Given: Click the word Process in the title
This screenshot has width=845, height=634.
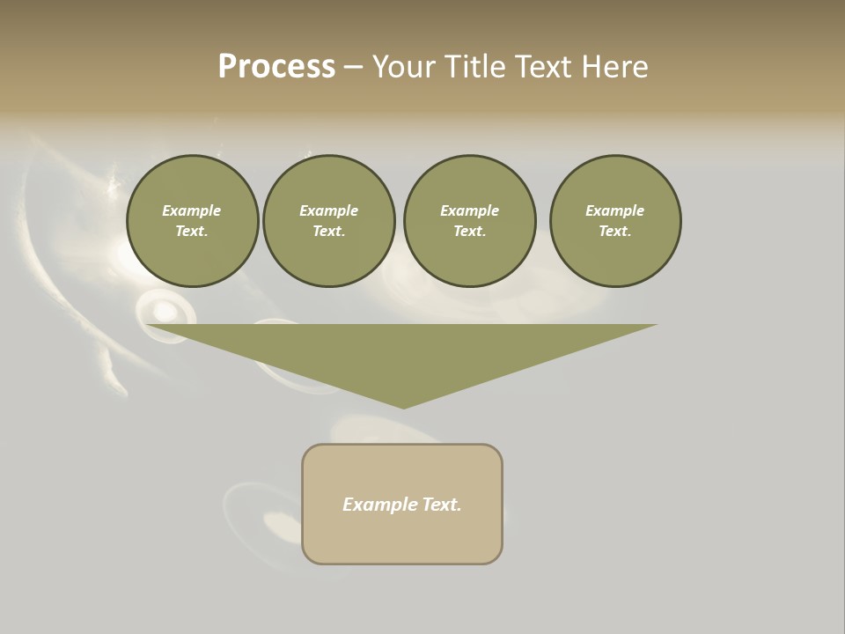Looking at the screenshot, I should (276, 67).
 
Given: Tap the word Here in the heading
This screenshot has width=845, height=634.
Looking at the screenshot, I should (614, 67).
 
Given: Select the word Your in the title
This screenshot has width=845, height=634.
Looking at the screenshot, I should (404, 67).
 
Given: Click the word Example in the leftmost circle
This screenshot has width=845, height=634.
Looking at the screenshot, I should (192, 210).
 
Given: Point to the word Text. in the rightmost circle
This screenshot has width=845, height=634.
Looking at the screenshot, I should (615, 231).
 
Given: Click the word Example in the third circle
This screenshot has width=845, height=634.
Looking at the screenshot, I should (469, 210).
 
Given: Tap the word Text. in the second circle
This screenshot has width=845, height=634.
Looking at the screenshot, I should (329, 231).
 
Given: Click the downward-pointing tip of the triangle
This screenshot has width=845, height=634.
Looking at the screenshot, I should (403, 406).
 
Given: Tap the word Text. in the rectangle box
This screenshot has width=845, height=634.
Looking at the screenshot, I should (442, 505).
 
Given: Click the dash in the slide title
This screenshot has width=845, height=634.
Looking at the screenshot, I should (353, 67).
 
